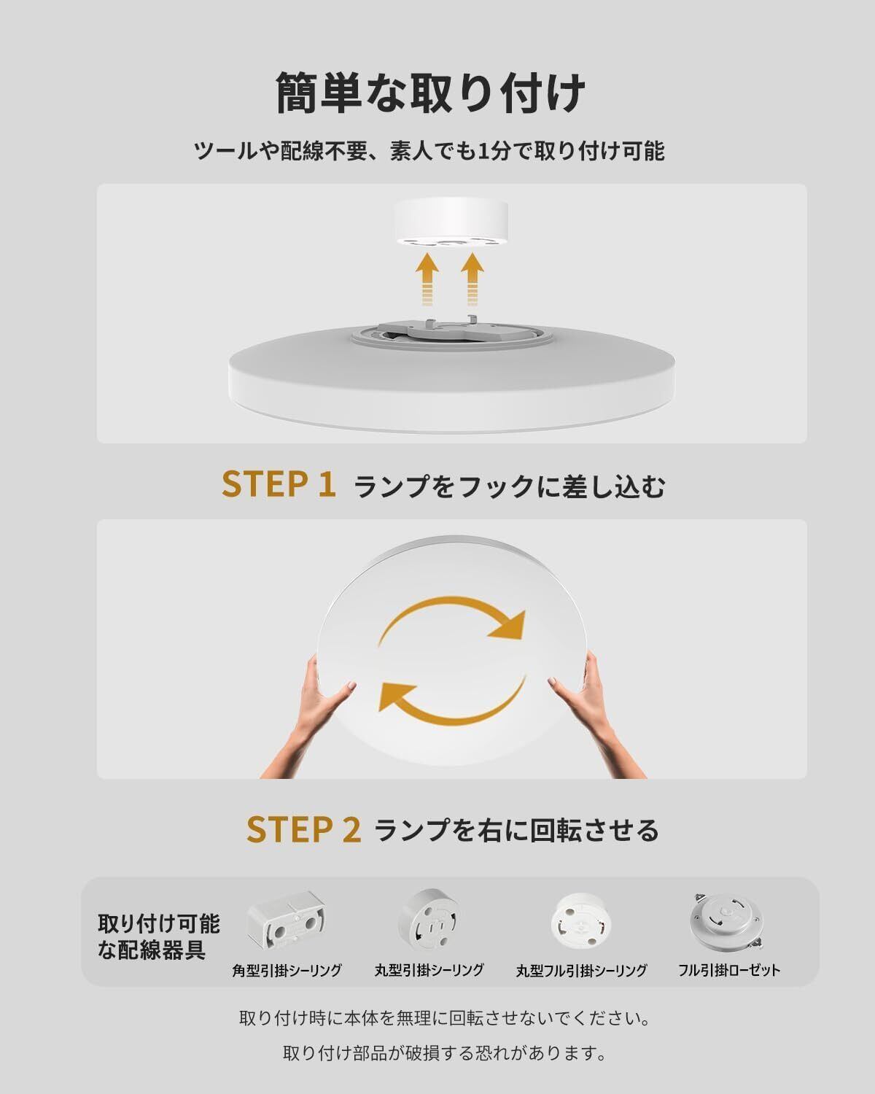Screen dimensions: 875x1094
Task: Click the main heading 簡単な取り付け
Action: click(431, 93)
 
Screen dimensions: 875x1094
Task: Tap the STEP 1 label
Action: click(279, 484)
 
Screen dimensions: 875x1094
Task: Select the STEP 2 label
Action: click(303, 829)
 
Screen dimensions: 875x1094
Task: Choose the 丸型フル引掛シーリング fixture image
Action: click(581, 920)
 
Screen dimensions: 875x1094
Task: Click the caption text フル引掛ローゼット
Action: click(729, 970)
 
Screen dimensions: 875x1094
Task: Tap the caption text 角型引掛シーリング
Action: click(287, 970)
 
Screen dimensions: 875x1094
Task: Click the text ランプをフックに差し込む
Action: click(509, 486)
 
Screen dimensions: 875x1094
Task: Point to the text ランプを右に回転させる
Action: click(516, 831)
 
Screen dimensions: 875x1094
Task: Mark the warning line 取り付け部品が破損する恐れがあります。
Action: click(444, 1053)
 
